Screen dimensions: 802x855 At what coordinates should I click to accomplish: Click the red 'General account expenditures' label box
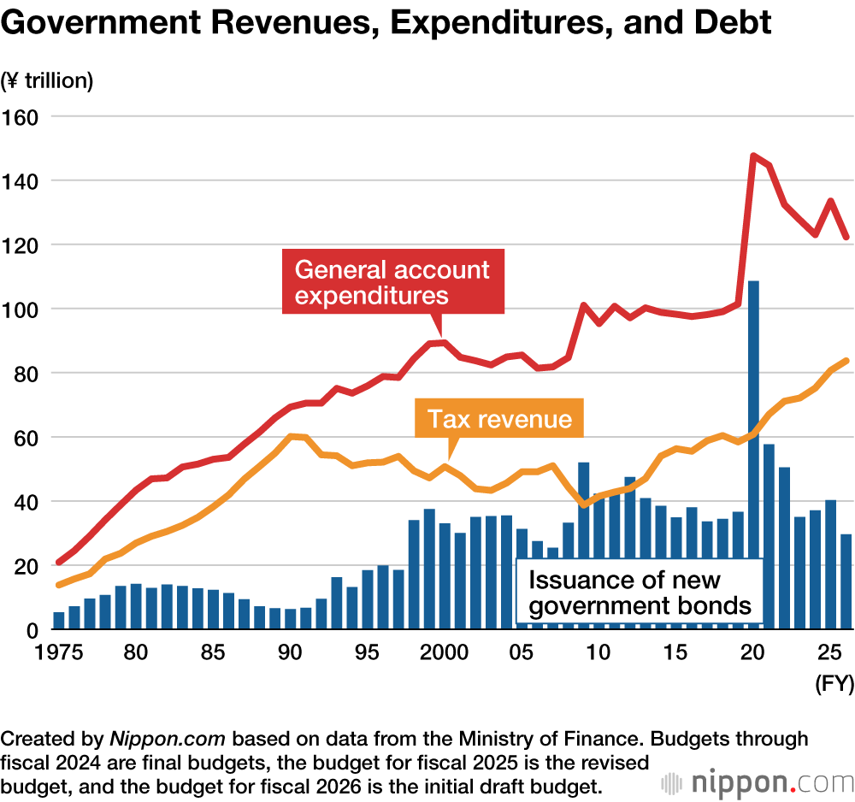(x=392, y=283)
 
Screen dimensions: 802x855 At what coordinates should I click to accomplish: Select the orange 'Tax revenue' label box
(x=499, y=419)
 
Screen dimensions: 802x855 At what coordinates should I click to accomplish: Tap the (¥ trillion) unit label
(x=47, y=81)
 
